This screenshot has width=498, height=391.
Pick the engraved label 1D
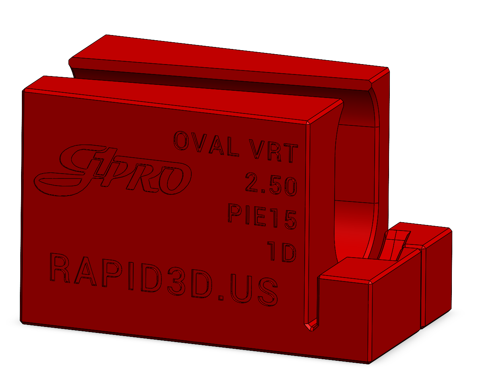click(282, 251)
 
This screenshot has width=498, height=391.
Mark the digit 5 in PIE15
click(290, 220)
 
